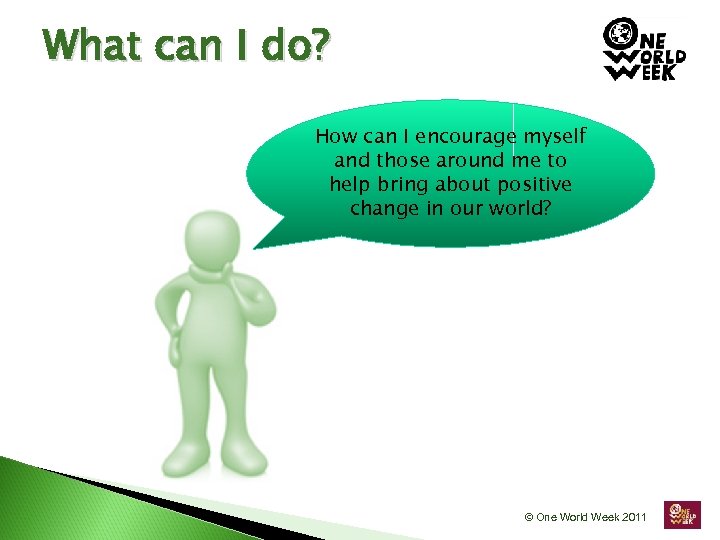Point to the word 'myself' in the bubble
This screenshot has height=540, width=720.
[x=553, y=137]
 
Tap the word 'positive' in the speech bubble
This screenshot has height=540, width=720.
[x=536, y=185]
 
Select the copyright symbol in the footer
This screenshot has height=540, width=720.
[x=529, y=517]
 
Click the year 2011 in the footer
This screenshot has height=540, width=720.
[x=632, y=517]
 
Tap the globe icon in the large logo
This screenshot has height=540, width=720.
[x=619, y=33]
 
